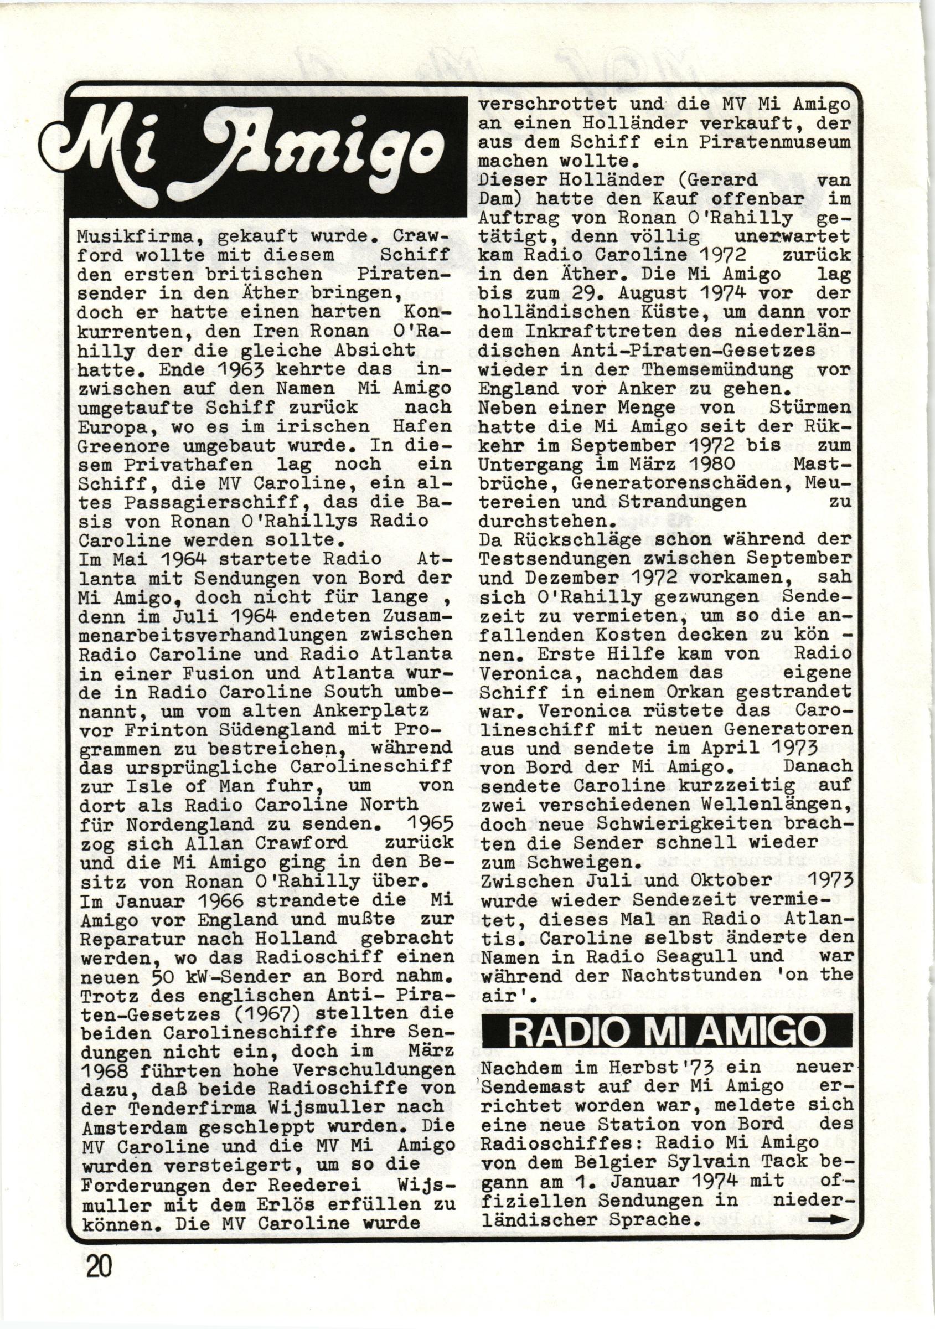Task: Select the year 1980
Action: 711,463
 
